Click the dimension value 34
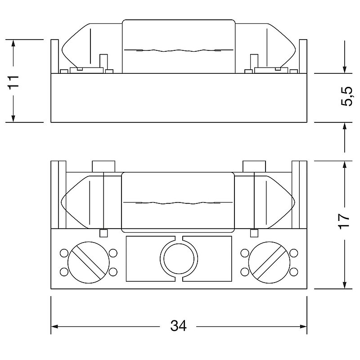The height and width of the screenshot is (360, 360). click(178, 325)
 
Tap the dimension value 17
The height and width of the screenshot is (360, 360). click(344, 221)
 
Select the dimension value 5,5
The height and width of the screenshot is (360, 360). click(346, 96)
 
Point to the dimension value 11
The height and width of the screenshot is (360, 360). click(13, 82)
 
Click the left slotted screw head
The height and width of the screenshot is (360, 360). click(89, 262)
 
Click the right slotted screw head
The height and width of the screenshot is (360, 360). click(269, 262)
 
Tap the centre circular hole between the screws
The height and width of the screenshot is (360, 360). click(179, 259)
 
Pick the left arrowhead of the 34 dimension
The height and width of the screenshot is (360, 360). click(54, 326)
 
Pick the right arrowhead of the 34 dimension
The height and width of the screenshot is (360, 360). click(303, 326)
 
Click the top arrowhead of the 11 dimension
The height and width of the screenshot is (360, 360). click(13, 43)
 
